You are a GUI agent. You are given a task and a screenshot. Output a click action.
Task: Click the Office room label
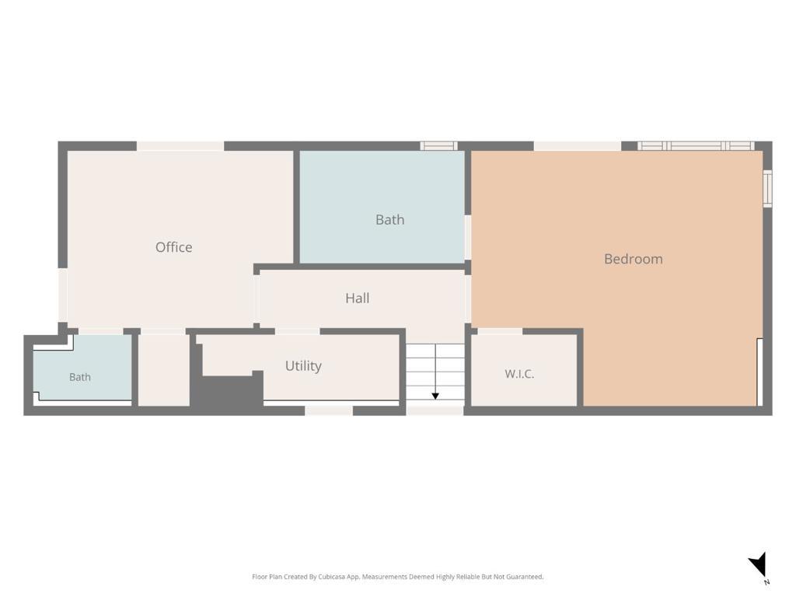pyautogui.click(x=173, y=247)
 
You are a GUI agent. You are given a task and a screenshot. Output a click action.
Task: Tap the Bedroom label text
pyautogui.click(x=633, y=259)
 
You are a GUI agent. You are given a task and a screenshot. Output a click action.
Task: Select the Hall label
pyautogui.click(x=358, y=298)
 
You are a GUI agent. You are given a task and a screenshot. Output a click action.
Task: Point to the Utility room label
pyautogui.click(x=303, y=366)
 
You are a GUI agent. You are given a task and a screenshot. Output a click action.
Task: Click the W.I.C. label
pyautogui.click(x=518, y=374)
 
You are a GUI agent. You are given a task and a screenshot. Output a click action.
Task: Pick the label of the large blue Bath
pyautogui.click(x=390, y=220)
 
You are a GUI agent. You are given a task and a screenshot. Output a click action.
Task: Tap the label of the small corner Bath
pyautogui.click(x=80, y=377)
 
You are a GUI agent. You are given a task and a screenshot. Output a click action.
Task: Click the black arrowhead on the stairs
pyautogui.click(x=435, y=396)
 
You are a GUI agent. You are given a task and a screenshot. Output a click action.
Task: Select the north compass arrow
pyautogui.click(x=759, y=564)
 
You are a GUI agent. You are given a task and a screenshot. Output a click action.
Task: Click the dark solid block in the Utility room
pyautogui.click(x=228, y=389)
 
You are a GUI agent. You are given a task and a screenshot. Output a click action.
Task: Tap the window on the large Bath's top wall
pyautogui.click(x=438, y=145)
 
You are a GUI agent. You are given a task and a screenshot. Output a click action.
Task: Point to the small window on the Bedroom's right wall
pyautogui.click(x=767, y=188)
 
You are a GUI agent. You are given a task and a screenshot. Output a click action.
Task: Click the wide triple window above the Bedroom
pyautogui.click(x=696, y=145)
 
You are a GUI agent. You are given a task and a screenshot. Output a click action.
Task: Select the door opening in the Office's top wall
pyautogui.click(x=180, y=146)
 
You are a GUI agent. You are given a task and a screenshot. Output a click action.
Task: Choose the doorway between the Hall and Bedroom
pyautogui.click(x=467, y=298)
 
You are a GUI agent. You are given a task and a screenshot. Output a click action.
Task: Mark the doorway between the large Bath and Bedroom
pyautogui.click(x=467, y=238)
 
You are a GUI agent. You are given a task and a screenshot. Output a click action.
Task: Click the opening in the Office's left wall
pyautogui.click(x=62, y=295)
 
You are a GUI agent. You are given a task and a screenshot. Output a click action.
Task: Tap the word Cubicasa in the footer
pyautogui.click(x=332, y=577)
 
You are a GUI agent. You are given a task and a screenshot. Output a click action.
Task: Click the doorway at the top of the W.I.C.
pyautogui.click(x=500, y=331)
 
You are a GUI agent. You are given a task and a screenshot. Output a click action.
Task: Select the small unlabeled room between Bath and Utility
pyautogui.click(x=163, y=369)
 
